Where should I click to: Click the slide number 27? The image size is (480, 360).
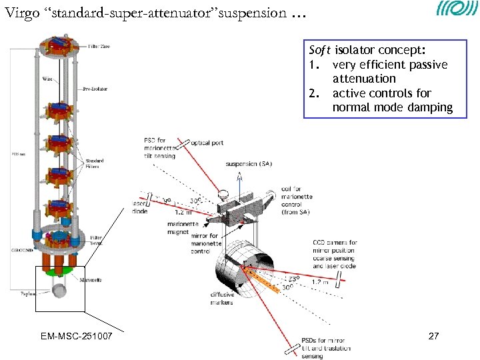click(433, 336)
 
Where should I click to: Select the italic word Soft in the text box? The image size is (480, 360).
click(321, 50)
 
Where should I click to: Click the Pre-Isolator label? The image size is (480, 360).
click(95, 89)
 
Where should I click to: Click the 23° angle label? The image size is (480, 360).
click(293, 279)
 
